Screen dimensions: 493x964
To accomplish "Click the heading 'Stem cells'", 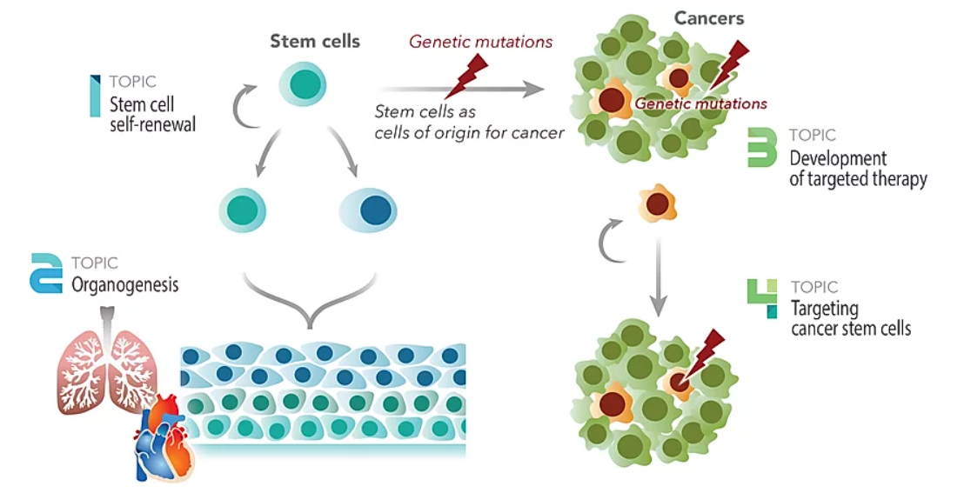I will coord(314,40).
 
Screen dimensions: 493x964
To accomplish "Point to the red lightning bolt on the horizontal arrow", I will coord(460,76).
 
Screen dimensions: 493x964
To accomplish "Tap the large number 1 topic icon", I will coord(95,96).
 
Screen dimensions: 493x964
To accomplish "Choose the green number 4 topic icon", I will coord(763,298).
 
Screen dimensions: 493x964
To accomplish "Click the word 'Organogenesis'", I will coord(125,284).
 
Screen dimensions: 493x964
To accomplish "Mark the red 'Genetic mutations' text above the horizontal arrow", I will coord(481,41).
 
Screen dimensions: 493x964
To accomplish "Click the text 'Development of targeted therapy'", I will coord(857,169).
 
